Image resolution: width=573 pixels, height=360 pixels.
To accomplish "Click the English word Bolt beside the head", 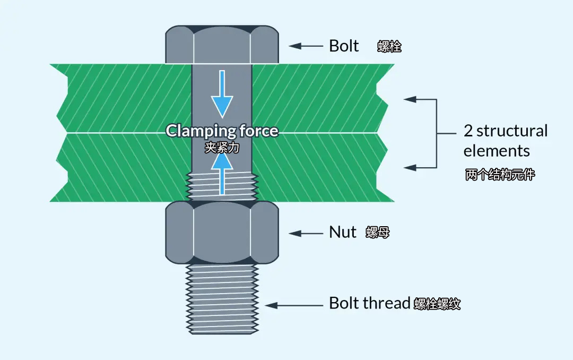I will click(344, 46).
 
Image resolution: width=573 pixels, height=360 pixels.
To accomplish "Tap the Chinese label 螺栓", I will click(389, 47).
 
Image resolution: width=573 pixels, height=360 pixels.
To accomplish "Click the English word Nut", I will click(343, 232).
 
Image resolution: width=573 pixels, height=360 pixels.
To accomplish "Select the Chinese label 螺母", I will click(377, 233).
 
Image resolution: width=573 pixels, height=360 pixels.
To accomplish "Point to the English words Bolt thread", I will click(370, 303).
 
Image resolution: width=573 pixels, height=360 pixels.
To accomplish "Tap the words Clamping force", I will click(222, 131).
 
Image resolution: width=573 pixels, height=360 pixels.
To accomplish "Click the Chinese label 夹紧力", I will click(222, 148).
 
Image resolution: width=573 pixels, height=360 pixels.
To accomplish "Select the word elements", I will click(497, 151).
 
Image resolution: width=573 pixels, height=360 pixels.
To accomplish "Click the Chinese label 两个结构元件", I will click(500, 175).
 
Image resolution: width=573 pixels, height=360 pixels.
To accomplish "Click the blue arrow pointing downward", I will click(222, 96).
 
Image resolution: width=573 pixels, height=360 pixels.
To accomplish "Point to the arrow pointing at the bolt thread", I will click(294, 305).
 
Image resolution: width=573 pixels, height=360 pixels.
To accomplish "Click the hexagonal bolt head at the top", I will click(222, 45).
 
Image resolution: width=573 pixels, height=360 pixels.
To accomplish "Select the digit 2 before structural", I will click(468, 131).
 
